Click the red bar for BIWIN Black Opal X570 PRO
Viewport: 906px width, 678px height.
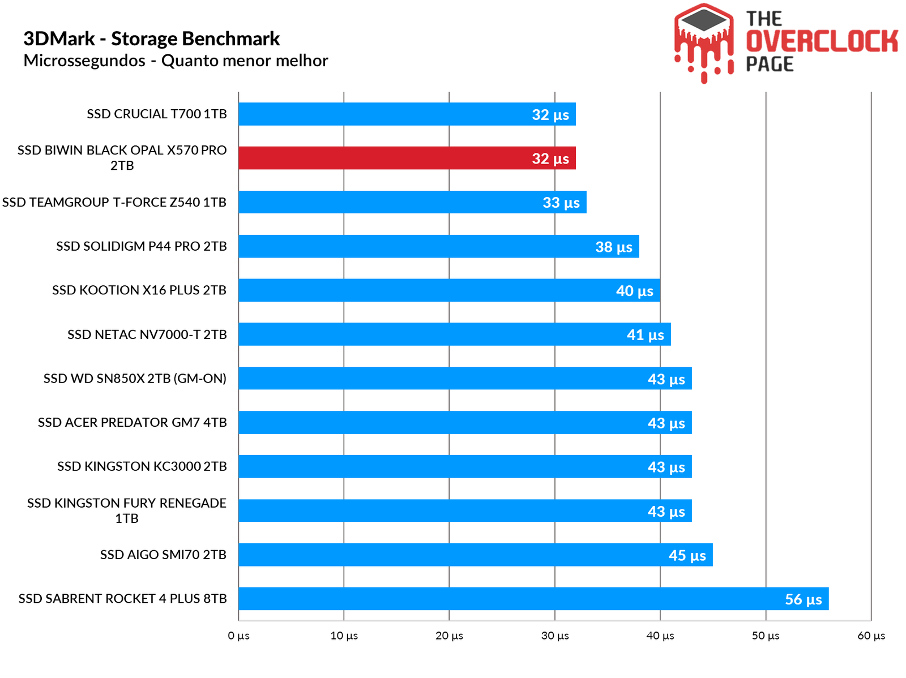coord(407,158)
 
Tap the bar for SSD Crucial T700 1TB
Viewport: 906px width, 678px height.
coord(407,114)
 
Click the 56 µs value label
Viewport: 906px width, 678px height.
coord(803,599)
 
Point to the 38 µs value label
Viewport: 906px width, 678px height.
coord(613,247)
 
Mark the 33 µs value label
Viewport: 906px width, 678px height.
coord(561,203)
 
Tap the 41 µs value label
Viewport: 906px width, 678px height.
coord(645,335)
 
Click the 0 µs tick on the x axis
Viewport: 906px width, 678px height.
coord(238,636)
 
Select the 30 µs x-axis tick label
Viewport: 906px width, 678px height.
coord(555,636)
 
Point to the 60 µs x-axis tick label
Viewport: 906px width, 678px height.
coord(871,636)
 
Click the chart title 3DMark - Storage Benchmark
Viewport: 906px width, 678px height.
coord(151,38)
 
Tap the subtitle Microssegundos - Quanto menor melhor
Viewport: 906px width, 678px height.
coord(176,61)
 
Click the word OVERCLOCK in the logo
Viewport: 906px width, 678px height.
coord(822,41)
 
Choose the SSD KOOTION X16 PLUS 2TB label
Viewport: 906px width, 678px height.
coord(139,290)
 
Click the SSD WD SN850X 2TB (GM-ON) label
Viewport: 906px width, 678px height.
coord(135,379)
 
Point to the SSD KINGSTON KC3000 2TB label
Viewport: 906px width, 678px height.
coord(142,466)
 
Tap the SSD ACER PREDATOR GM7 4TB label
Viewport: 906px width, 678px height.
coord(132,423)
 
